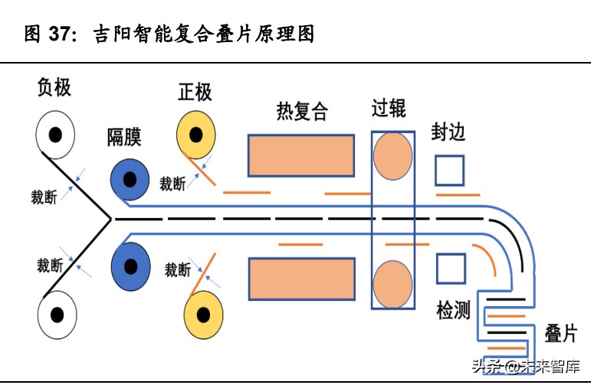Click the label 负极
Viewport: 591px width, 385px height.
click(54, 87)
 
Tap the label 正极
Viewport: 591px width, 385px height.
click(195, 93)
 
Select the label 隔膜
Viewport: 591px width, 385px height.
click(124, 138)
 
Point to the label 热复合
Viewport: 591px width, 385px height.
click(302, 112)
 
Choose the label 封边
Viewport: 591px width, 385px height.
click(449, 132)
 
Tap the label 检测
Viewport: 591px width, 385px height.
click(453, 311)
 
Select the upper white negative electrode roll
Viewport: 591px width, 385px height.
click(55, 135)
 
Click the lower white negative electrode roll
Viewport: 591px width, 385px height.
click(56, 314)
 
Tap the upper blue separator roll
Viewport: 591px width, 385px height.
click(130, 180)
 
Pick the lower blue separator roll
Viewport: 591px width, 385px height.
click(131, 266)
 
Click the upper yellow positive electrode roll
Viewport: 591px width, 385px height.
click(196, 136)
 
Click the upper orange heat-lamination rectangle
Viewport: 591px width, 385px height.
click(300, 155)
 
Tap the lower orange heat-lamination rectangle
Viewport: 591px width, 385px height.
click(301, 279)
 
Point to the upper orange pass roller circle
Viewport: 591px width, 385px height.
click(392, 156)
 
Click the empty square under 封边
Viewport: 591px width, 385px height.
click(449, 170)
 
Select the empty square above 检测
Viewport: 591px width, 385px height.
click(451, 269)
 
